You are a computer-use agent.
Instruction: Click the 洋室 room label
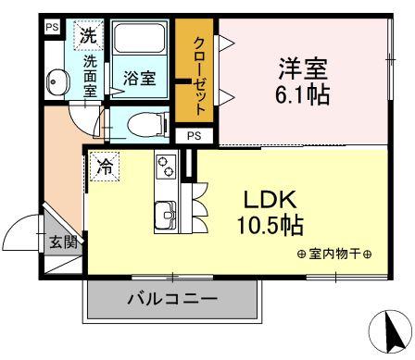[303, 69]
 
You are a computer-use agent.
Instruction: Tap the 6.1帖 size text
[303, 94]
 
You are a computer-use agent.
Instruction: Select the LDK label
[270, 200]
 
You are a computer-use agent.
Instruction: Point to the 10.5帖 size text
[270, 225]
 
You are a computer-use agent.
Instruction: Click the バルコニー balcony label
[173, 299]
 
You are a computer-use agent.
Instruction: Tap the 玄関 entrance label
[63, 242]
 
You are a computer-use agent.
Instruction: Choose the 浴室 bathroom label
[139, 78]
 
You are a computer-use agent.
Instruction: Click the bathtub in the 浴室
[140, 38]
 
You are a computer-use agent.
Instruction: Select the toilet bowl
[147, 125]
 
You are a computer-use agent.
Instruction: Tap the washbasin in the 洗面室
[57, 81]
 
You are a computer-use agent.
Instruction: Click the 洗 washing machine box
[88, 34]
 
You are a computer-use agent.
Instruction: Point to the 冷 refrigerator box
[105, 167]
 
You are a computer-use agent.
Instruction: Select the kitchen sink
[166, 216]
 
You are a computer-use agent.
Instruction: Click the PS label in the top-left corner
[52, 27]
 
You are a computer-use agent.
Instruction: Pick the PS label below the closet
[195, 136]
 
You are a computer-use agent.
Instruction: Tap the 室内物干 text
[334, 254]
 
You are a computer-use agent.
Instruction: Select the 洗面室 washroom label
[90, 76]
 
